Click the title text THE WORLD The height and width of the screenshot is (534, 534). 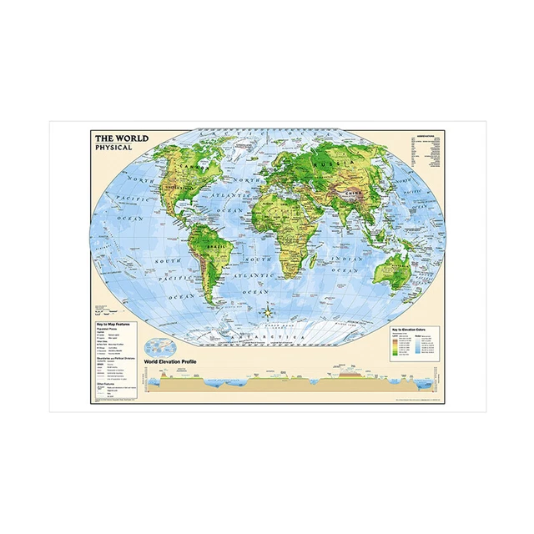coord(119,139)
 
